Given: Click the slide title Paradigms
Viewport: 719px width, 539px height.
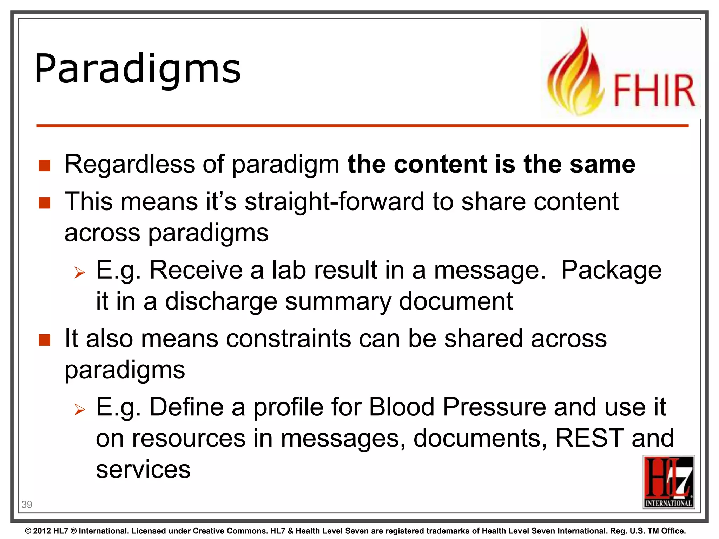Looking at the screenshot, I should pos(138,69).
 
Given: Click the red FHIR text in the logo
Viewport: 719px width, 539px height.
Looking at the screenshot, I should pos(654,91).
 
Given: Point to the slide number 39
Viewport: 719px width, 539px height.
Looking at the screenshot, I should pos(27,505).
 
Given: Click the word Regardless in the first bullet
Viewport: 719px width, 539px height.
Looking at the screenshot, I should pos(130,164).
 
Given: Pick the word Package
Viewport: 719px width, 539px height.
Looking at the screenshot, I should pos(611,270).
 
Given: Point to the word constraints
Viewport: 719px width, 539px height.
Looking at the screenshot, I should pos(288,339).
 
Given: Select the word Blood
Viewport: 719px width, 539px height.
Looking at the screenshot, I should pos(402,407).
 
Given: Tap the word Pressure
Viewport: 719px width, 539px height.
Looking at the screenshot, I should pos(494,407).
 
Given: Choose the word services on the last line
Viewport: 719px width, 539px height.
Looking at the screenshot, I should pos(143,470).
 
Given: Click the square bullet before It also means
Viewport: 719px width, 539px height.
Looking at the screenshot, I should pos(45,340).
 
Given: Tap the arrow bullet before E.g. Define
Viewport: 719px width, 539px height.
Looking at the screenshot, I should pos(80,409).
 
